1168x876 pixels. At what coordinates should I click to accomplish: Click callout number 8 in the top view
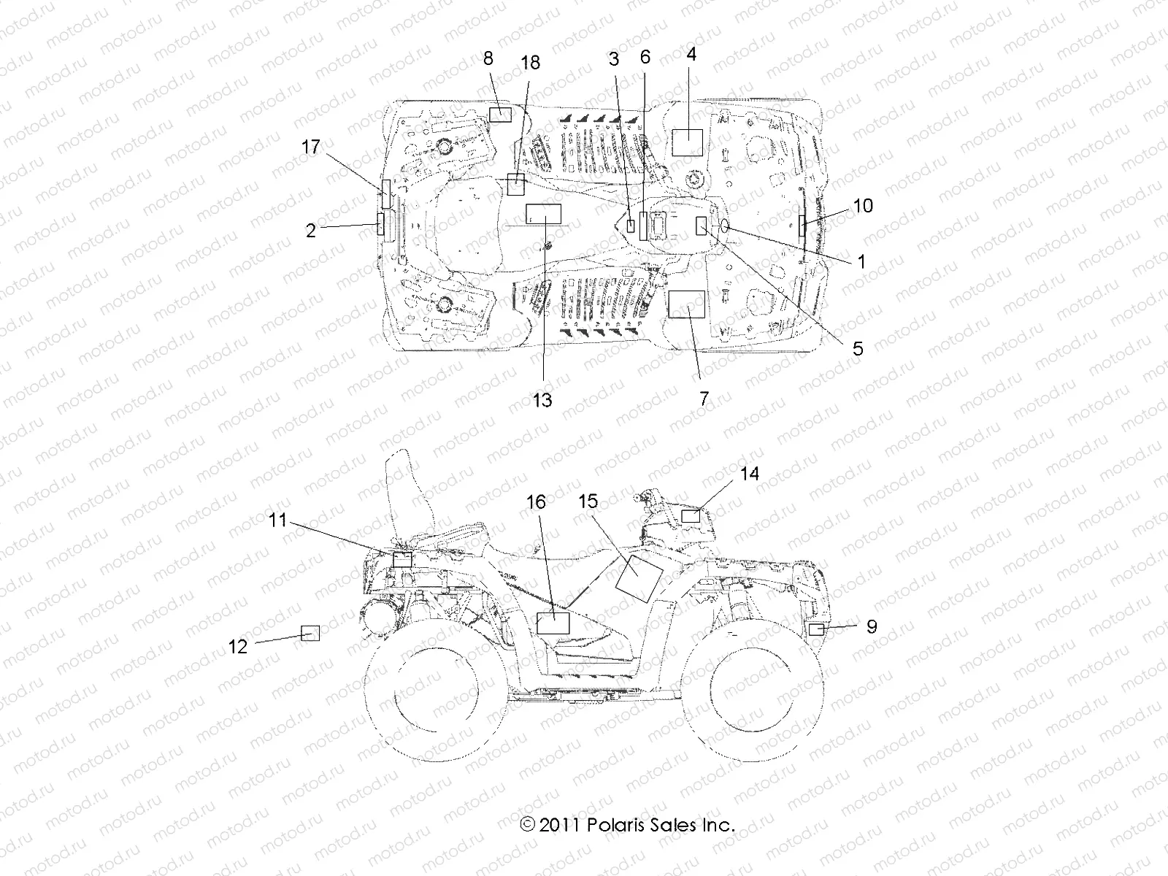tap(488, 59)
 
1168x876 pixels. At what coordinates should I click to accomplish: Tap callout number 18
tap(530, 63)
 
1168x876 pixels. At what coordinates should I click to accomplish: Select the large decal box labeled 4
tap(686, 142)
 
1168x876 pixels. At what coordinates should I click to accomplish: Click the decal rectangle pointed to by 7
tap(687, 304)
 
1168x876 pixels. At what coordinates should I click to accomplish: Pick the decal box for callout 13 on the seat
tap(544, 213)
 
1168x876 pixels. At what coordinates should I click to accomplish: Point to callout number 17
tap(311, 147)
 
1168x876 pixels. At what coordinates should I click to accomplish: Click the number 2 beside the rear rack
tap(311, 231)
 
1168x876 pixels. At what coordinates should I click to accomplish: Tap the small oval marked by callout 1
tap(726, 229)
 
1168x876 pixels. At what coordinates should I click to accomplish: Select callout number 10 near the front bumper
tap(863, 206)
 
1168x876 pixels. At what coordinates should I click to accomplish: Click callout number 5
tap(858, 348)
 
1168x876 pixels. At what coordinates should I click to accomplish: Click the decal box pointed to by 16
tap(553, 623)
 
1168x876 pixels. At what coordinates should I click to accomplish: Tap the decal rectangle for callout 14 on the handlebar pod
tap(691, 516)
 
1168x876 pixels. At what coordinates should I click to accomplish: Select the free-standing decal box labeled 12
tap(311, 633)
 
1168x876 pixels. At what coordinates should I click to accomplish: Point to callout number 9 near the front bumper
tap(872, 626)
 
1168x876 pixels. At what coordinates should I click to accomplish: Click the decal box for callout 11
tap(402, 560)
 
